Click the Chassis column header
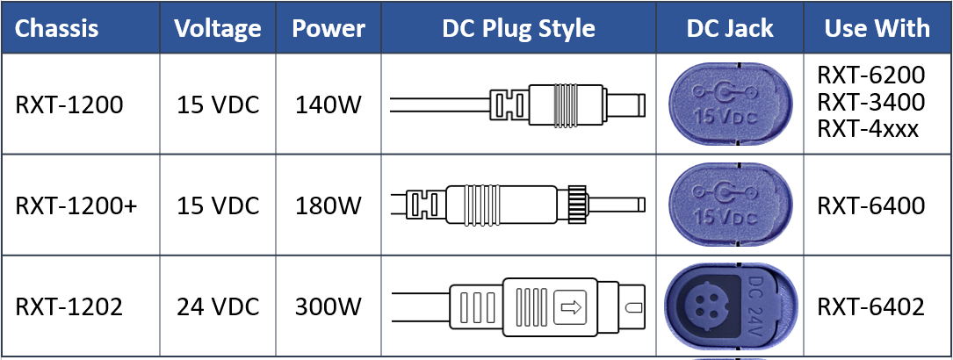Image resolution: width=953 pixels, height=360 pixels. (x=57, y=28)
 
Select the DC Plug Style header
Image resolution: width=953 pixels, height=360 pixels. (x=519, y=28)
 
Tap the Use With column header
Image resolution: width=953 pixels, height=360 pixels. (x=877, y=28)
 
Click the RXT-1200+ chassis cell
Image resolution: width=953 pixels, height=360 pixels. (x=69, y=205)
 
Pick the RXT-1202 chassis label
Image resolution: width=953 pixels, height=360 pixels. (x=69, y=306)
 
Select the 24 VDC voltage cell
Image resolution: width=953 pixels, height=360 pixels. (x=218, y=306)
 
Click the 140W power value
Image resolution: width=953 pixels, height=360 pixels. (x=328, y=104)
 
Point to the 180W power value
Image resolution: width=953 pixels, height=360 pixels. (x=328, y=205)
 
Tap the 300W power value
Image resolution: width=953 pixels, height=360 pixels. (x=328, y=306)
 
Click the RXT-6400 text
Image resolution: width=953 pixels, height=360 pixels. (x=870, y=205)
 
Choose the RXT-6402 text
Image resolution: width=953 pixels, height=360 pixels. (x=870, y=306)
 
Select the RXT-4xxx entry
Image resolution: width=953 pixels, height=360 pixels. (x=868, y=129)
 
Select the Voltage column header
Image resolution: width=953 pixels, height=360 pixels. (x=218, y=28)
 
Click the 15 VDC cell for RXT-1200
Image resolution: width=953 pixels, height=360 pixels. (x=218, y=104)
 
